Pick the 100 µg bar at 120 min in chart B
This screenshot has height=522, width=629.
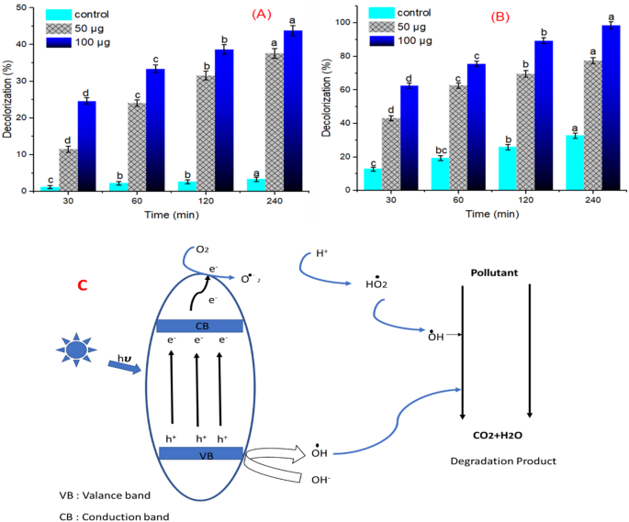click(545, 116)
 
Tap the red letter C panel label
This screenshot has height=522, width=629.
click(82, 285)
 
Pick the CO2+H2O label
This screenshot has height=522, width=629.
click(497, 422)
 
